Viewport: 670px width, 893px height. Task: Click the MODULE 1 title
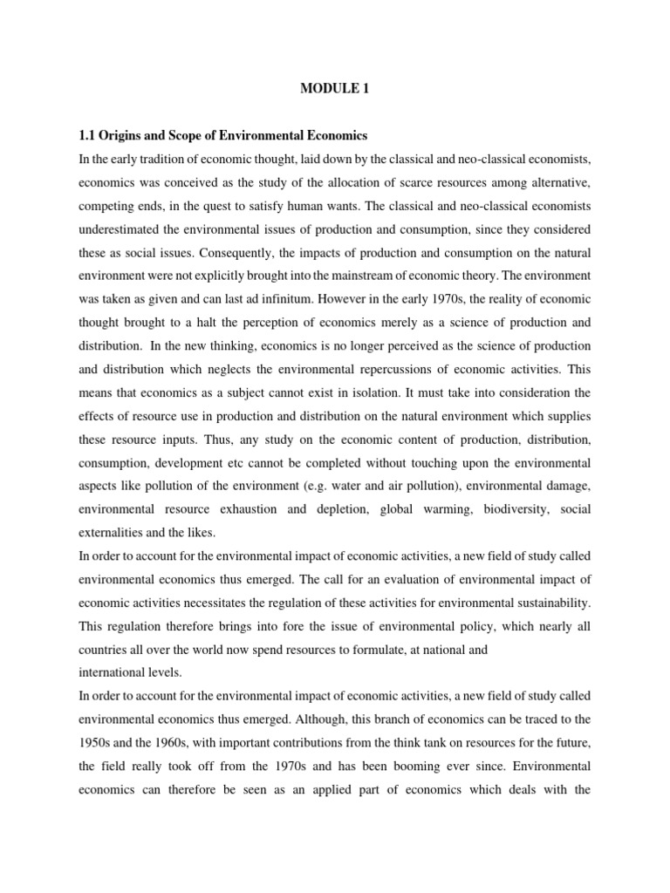click(334, 88)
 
